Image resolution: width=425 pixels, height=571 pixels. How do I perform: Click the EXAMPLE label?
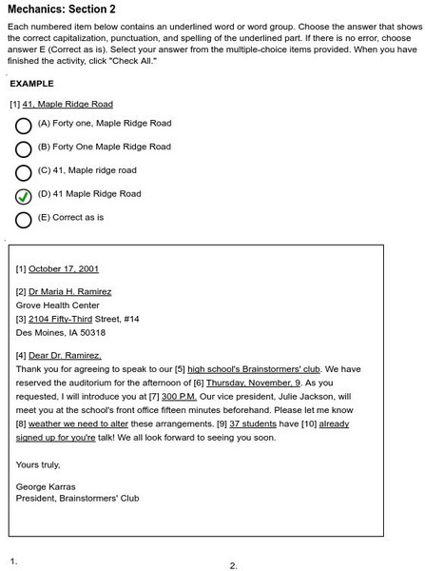click(30, 84)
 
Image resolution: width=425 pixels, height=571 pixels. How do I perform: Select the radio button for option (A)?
click(24, 125)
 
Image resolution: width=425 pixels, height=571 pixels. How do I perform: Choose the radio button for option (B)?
click(24, 148)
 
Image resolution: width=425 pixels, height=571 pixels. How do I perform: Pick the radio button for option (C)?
click(24, 172)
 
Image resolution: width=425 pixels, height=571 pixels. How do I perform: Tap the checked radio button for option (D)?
click(24, 195)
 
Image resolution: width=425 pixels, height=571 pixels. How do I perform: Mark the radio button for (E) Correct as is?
click(24, 219)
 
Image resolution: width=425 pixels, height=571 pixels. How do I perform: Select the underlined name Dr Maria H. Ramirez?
click(69, 291)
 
